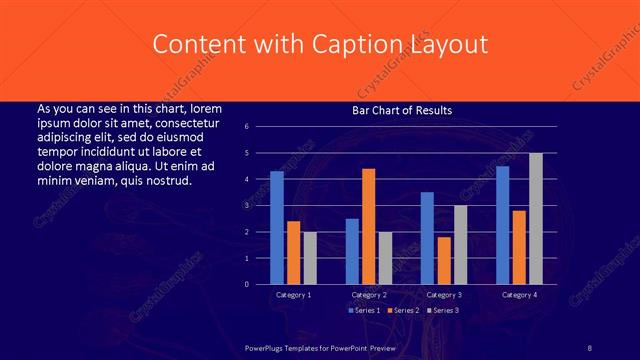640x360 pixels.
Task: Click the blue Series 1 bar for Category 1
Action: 277,228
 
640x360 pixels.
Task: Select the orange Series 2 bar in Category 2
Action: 369,226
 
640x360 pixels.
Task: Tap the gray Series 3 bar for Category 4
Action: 536,218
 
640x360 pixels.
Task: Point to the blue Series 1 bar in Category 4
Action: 503,225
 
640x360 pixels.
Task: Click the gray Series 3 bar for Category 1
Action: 310,258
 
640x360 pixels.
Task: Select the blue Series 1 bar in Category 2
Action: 352,251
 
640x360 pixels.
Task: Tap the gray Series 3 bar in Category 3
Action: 461,245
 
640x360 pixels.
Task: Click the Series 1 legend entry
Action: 363,311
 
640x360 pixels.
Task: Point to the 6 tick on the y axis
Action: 260,127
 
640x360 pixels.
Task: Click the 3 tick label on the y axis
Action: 260,205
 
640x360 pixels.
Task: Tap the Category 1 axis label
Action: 294,295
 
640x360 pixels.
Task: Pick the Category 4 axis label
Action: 519,295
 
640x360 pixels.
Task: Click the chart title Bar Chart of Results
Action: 401,110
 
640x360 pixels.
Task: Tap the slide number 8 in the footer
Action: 590,347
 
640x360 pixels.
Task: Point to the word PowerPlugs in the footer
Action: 266,347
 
